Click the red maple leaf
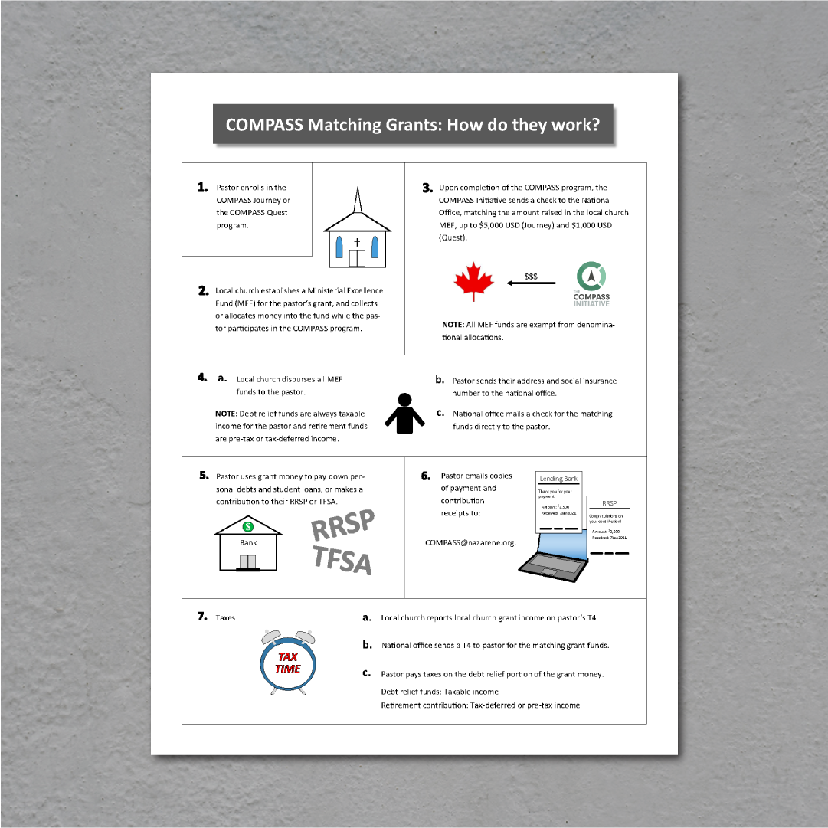tap(473, 282)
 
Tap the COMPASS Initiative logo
tap(591, 283)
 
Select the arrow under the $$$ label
tap(531, 283)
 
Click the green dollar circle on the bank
tap(247, 526)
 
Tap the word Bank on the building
tap(248, 542)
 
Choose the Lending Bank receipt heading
tap(558, 479)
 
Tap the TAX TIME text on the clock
tap(288, 663)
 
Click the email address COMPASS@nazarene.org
tap(470, 542)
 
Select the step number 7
tap(203, 617)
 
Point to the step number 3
tap(427, 188)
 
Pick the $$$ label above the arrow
tap(531, 275)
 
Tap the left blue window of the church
tap(339, 247)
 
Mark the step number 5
tap(204, 476)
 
